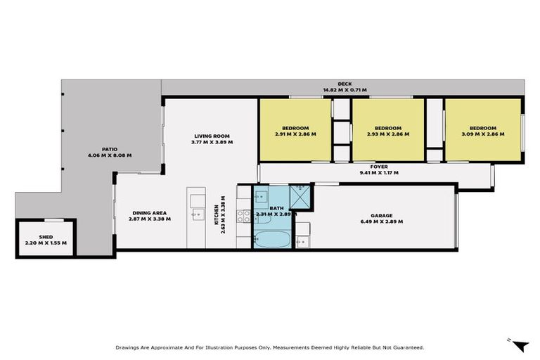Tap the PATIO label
109,149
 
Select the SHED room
45,239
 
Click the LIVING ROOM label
212,136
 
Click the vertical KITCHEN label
215,219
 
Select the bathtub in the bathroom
271,239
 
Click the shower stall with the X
301,197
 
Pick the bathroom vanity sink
259,197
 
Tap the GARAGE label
382,216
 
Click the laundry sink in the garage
303,242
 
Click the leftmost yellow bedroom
295,129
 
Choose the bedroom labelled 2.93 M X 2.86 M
388,129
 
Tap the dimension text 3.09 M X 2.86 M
483,134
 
